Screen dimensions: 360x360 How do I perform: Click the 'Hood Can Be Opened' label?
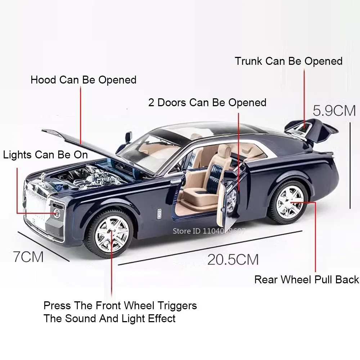click(83, 80)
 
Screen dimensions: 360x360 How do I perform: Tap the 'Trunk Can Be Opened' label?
click(288, 61)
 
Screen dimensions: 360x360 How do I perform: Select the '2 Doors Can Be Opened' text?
click(207, 103)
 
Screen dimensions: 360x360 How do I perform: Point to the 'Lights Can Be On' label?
click(45, 155)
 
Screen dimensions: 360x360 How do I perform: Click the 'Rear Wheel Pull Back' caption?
click(306, 279)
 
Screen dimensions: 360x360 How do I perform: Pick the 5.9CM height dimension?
click(334, 111)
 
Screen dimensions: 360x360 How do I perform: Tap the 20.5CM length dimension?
click(233, 259)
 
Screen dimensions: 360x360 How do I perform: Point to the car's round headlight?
click(57, 213)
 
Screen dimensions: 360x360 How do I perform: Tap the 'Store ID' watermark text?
click(209, 231)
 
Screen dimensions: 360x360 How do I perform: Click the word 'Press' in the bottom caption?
click(57, 306)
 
